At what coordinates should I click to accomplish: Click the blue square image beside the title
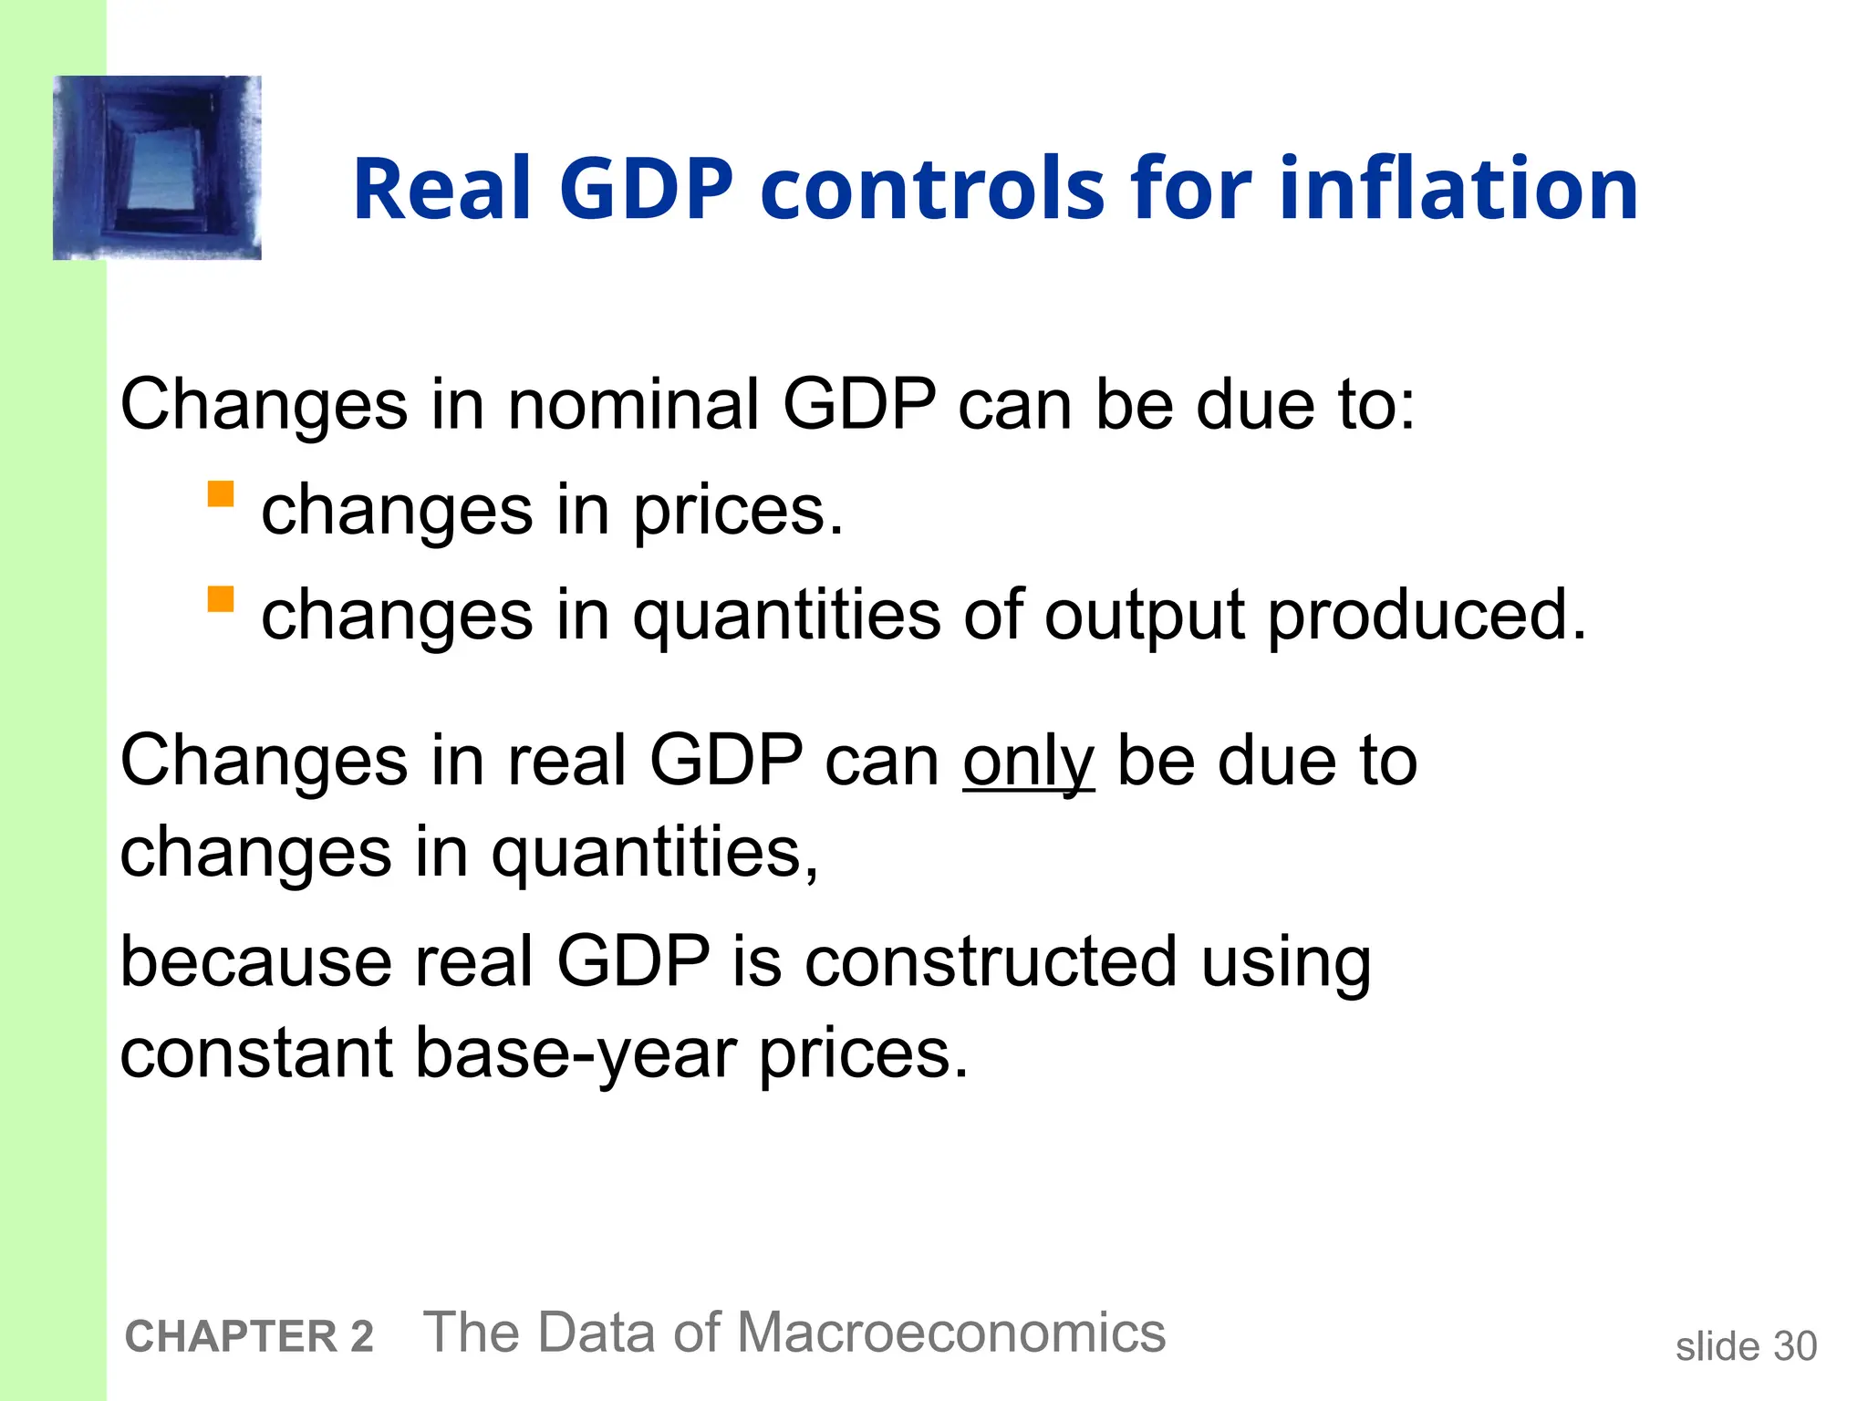[157, 168]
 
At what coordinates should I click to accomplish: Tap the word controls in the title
[932, 189]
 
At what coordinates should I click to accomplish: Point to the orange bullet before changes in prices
[221, 494]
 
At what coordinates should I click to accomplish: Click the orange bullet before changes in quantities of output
[221, 599]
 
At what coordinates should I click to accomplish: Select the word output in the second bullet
[1145, 616]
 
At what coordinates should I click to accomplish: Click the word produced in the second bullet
[1427, 616]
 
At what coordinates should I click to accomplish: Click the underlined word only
[1028, 762]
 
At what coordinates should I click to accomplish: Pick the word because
[257, 961]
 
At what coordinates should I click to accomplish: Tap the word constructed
[991, 961]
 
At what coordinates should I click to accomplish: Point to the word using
[1285, 963]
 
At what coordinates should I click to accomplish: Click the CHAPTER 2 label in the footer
[249, 1336]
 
